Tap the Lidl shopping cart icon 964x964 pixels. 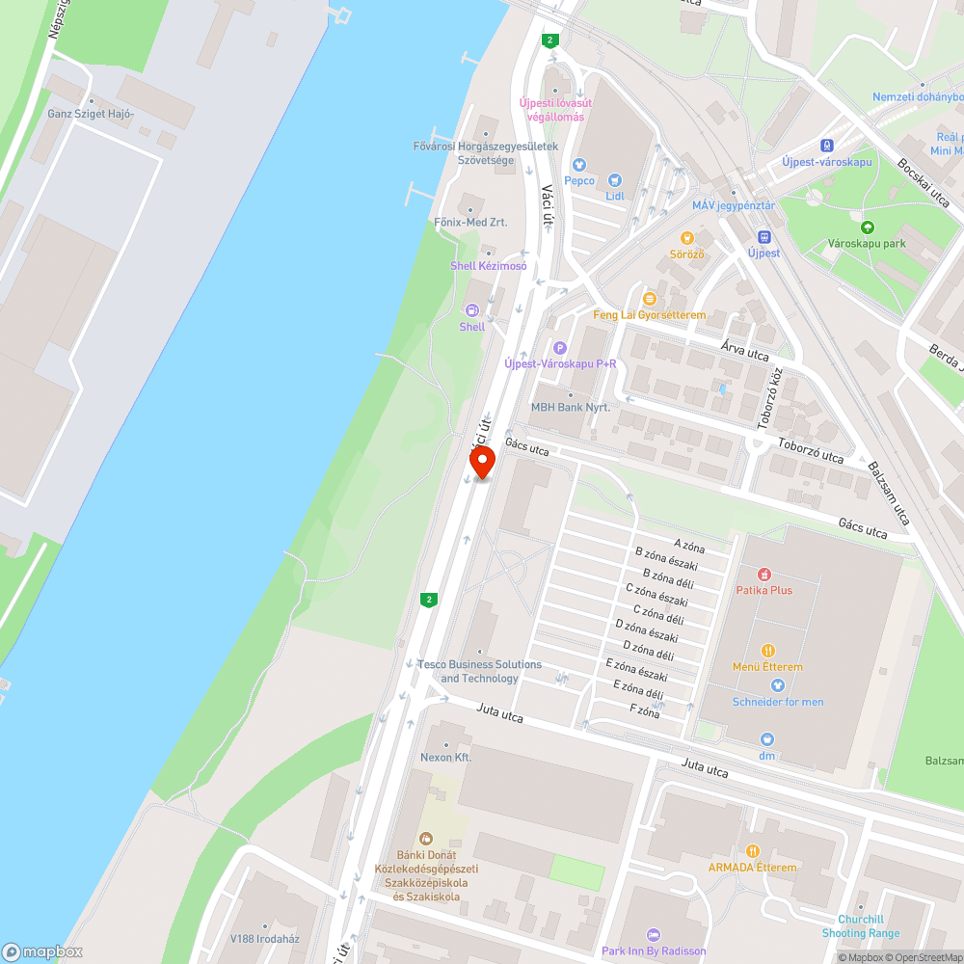pos(615,180)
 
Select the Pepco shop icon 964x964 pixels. pos(579,165)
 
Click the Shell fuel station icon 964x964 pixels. pos(472,310)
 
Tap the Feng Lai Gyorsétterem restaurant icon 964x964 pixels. pos(649,299)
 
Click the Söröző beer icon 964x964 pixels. pos(687,237)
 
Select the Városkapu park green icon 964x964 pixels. pos(867,228)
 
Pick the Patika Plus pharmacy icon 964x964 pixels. pos(764,574)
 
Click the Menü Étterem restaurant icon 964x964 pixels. pos(767,651)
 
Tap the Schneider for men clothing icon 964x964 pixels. pos(778,685)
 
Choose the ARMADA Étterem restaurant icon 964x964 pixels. pos(753,851)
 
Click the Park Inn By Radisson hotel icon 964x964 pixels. pos(654,935)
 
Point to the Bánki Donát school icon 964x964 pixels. pos(426,839)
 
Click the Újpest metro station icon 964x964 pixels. pos(764,236)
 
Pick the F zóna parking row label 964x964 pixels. pos(644,713)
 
